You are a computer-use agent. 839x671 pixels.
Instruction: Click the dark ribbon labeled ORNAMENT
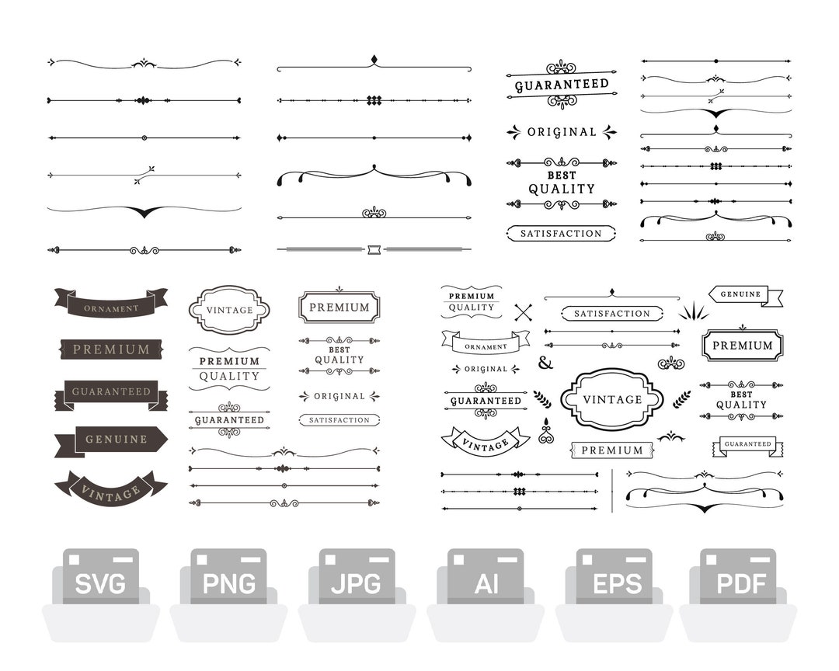pos(111,303)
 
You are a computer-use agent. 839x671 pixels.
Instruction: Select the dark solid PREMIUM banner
pos(111,349)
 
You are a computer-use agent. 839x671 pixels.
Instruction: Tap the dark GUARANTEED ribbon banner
pos(111,393)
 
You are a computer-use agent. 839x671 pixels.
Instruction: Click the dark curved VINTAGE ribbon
pos(111,488)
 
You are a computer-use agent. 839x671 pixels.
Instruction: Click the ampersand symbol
pos(545,363)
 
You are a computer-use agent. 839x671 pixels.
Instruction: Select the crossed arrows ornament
pos(524,312)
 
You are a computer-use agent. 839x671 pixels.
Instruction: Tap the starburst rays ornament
pos(693,312)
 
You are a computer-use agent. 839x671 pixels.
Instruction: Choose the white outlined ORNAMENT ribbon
pos(486,342)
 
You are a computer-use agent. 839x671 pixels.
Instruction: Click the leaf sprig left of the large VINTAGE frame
pos(542,399)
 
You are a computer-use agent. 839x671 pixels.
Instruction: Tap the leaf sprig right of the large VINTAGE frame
pos(681,399)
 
